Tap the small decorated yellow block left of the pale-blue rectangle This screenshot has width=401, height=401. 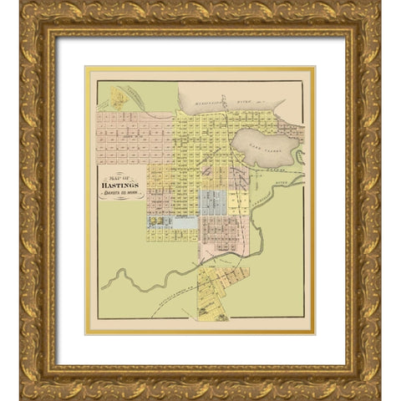click(x=155, y=223)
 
